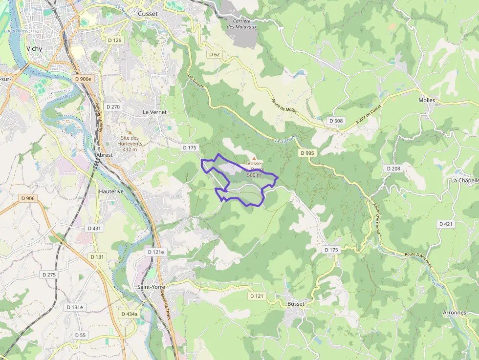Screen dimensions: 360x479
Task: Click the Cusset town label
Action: [x=148, y=14]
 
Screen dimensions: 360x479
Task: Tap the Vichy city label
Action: [x=34, y=49]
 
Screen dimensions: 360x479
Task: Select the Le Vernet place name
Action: [x=154, y=112]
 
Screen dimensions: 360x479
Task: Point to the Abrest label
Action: [x=105, y=155]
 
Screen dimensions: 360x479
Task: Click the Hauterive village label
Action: [x=111, y=191]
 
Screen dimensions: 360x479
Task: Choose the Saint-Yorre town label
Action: [x=151, y=287]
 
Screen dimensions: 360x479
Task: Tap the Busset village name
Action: [x=296, y=303]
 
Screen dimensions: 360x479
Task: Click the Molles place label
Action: [x=427, y=100]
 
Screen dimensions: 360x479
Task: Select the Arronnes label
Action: [x=454, y=312]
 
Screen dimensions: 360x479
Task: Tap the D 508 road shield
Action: [x=336, y=121]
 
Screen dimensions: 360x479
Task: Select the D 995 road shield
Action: [x=307, y=153]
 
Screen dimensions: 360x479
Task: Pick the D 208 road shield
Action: [x=393, y=169]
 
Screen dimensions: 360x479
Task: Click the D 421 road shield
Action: [x=446, y=224]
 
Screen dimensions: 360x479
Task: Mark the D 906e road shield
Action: [x=83, y=79]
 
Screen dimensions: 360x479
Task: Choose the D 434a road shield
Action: [x=130, y=314]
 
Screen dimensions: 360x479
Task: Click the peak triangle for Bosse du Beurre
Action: [x=254, y=157]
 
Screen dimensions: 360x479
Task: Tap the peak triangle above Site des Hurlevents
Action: [x=130, y=132]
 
